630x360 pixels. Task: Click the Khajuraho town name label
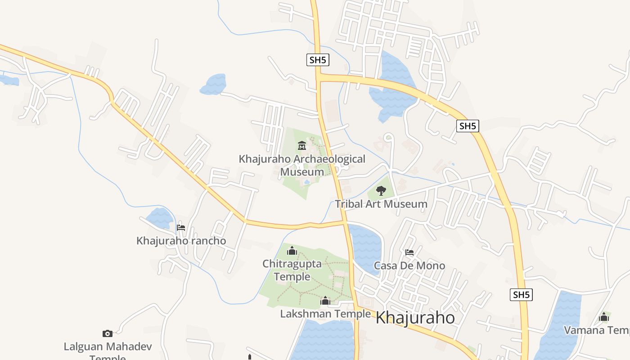[415, 318]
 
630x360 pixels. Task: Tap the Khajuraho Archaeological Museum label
[302, 165]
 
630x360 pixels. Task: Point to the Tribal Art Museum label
[381, 204]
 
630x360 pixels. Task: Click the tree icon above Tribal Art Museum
[381, 190]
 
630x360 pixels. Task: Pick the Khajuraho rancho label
[181, 241]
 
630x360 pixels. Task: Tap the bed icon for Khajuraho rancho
[181, 227]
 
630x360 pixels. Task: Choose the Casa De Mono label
[409, 265]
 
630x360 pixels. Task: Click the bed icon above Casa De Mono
[409, 252]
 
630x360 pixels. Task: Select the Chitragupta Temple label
[292, 270]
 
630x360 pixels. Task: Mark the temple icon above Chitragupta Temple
[292, 250]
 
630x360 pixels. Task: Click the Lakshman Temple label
[325, 314]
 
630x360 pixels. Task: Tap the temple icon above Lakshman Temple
[325, 300]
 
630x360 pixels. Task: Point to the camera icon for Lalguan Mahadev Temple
[107, 333]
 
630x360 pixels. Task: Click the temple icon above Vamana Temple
[604, 317]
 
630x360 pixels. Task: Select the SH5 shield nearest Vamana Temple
[522, 295]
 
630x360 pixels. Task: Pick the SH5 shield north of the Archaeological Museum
[318, 60]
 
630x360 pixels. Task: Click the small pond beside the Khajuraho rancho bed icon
[159, 218]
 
